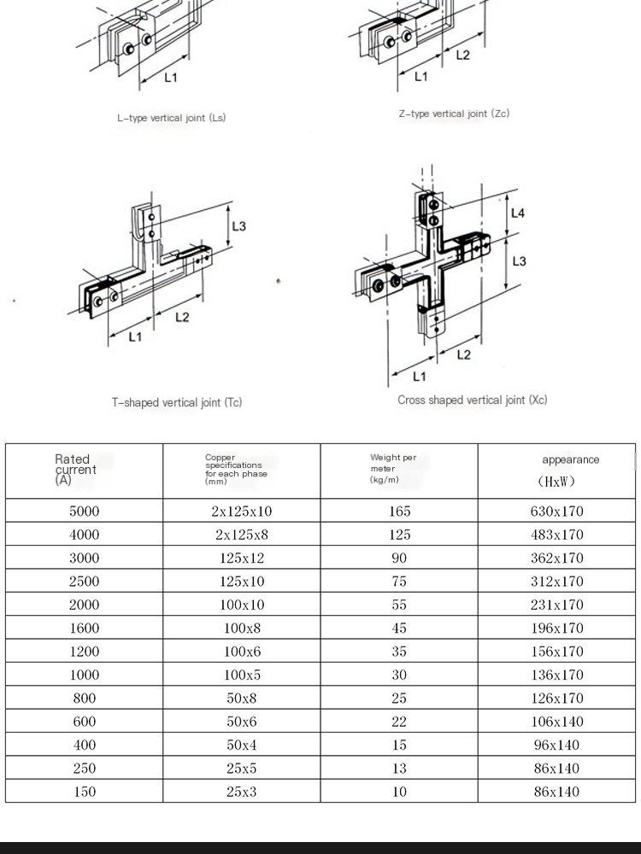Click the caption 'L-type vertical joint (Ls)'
click(x=171, y=118)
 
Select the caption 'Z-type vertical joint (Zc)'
click(x=454, y=114)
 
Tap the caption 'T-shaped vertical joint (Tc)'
click(x=177, y=402)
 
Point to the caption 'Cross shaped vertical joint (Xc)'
click(x=472, y=400)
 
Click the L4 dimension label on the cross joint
click(x=518, y=213)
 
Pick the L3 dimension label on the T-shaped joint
click(x=238, y=226)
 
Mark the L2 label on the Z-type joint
click(x=462, y=55)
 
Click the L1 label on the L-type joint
click(x=171, y=78)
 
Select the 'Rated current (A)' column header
click(x=76, y=470)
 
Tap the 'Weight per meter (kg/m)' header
click(x=393, y=468)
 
